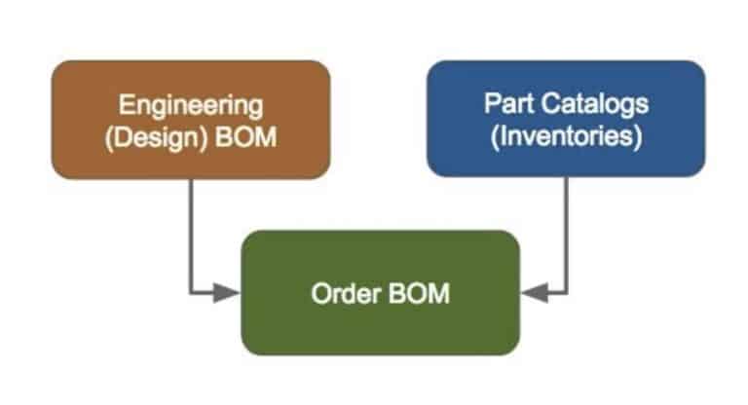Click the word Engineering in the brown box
[x=191, y=105]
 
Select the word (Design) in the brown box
[x=157, y=138]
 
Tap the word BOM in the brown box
[x=246, y=137]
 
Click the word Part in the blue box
[x=508, y=103]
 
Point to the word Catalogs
[x=594, y=104]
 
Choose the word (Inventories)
[x=566, y=136]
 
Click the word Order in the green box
[x=347, y=293]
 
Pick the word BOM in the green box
[x=420, y=293]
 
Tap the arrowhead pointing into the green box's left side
[x=226, y=292]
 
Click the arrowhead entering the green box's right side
[x=535, y=292]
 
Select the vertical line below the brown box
[x=191, y=236]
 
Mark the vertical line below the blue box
[x=566, y=235]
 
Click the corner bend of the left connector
[x=191, y=292]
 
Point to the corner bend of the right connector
[x=566, y=292]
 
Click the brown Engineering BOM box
[x=191, y=120]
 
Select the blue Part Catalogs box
[x=566, y=119]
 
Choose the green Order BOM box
[x=380, y=293]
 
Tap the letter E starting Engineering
[x=126, y=104]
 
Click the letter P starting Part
[x=493, y=103]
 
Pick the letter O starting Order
[x=321, y=293]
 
